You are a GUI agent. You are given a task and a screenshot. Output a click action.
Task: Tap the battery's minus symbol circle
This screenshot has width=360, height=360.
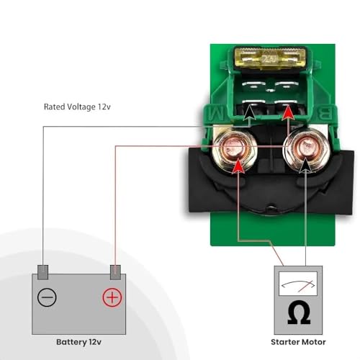point(47,297)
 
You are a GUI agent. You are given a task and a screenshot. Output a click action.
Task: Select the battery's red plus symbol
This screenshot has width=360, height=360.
point(112,297)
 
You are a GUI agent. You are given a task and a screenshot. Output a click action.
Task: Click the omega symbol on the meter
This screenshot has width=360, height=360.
point(299,312)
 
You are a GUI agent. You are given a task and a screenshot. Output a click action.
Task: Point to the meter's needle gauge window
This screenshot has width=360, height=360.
point(298,284)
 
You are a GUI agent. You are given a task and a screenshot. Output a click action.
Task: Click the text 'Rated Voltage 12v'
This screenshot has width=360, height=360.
point(77,107)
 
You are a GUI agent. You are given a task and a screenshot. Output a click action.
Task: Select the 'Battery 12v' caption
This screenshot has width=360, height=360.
point(78,342)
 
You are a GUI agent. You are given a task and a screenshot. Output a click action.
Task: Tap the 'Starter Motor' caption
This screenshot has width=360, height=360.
point(298,342)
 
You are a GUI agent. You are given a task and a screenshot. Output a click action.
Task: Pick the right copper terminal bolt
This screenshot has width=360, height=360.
point(305,149)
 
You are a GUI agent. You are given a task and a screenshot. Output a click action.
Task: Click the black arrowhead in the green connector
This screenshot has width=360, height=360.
point(250,112)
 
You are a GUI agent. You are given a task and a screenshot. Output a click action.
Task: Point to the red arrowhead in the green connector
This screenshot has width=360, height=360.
point(288,112)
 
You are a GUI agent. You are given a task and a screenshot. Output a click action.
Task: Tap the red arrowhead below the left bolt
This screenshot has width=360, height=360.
point(238,166)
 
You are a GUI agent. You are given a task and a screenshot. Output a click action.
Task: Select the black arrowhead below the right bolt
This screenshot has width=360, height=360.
point(306,166)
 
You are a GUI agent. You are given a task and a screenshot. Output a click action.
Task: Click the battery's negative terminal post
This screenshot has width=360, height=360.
point(43,272)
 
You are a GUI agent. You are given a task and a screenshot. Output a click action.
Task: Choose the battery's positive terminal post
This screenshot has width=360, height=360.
point(115,272)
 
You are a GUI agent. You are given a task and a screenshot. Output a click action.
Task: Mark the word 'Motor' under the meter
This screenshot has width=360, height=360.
point(312,342)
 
